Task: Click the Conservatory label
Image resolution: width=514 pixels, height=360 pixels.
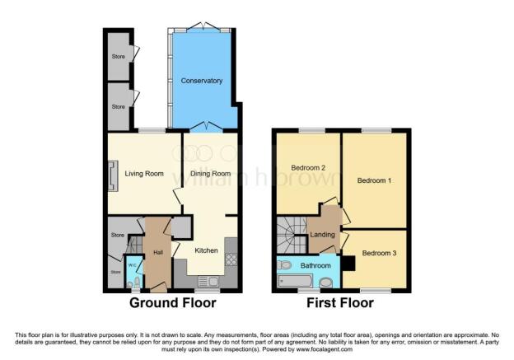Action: pyautogui.click(x=203, y=81)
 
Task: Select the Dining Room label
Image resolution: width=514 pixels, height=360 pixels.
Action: pyautogui.click(x=210, y=174)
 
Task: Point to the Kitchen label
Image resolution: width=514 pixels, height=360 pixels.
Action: pyautogui.click(x=206, y=250)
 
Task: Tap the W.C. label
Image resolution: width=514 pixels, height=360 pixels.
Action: pyautogui.click(x=132, y=265)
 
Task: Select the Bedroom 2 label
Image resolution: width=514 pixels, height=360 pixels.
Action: pyautogui.click(x=308, y=168)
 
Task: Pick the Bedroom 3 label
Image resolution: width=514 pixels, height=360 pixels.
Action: pyautogui.click(x=380, y=252)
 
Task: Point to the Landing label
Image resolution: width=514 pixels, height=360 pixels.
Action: pyautogui.click(x=322, y=236)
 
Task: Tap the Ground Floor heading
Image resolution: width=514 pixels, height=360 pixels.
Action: pyautogui.click(x=172, y=303)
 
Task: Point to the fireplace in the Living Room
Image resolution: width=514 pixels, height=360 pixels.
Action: pyautogui.click(x=111, y=175)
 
